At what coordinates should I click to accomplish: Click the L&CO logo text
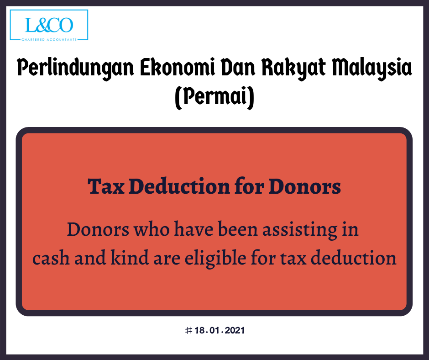[x=49, y=25]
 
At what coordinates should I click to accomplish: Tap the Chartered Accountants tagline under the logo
[x=49, y=40]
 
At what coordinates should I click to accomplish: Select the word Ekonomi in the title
[x=178, y=67]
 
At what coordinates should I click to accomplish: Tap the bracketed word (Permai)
[x=214, y=97]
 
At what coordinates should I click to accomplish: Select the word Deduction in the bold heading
[x=179, y=186]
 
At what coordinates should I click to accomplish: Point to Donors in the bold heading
[x=304, y=186]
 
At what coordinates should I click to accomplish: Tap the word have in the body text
[x=194, y=229]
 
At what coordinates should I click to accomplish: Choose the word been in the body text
[x=238, y=229]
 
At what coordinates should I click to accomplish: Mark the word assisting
[x=300, y=230]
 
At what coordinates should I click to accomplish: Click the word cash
[x=51, y=258]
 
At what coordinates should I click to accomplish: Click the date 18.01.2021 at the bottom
[x=220, y=330]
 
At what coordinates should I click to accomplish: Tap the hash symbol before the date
[x=188, y=330]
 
